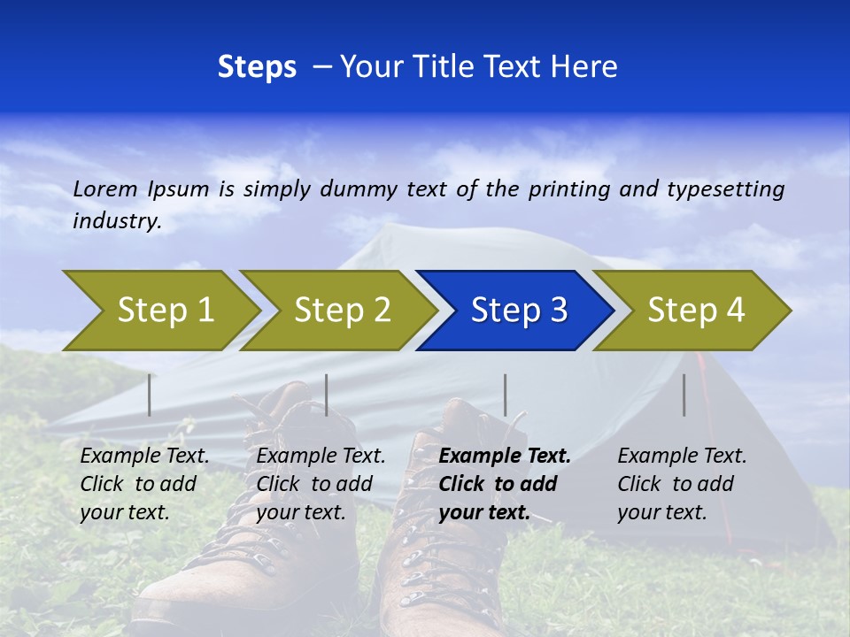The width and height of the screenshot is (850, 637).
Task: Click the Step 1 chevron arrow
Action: pyautogui.click(x=165, y=311)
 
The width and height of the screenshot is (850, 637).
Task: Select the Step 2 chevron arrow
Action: pyautogui.click(x=342, y=311)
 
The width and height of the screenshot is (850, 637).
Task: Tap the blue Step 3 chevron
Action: pyautogui.click(x=519, y=311)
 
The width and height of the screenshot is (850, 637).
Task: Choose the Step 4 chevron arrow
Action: pyautogui.click(x=696, y=311)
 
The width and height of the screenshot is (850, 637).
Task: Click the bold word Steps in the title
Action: pyautogui.click(x=257, y=67)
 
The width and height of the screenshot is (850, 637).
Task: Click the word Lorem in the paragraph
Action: pyautogui.click(x=105, y=189)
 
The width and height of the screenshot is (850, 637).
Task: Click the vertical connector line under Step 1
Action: pyautogui.click(x=150, y=395)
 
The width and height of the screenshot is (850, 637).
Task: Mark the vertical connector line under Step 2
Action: pyautogui.click(x=327, y=395)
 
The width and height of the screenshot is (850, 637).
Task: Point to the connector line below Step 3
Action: pyautogui.click(x=506, y=395)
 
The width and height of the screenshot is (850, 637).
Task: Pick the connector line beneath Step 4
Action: pyautogui.click(x=684, y=395)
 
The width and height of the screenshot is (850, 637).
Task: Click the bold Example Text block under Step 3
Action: pyautogui.click(x=504, y=484)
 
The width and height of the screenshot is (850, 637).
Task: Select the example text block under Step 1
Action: pyautogui.click(x=144, y=484)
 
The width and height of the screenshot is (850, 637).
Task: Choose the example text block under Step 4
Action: pyautogui.click(x=682, y=484)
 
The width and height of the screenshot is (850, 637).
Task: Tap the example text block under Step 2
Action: pyautogui.click(x=321, y=484)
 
